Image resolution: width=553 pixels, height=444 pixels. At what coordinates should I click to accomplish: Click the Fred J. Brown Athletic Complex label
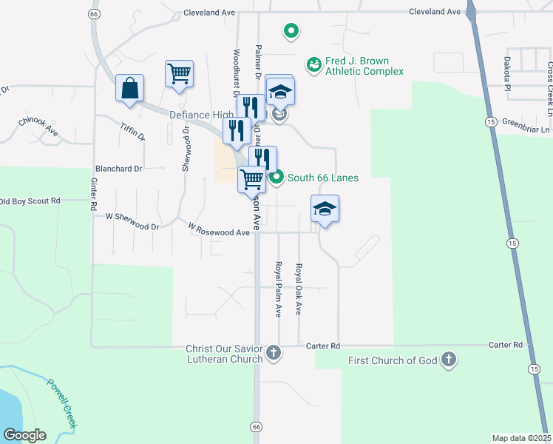[x=356, y=66]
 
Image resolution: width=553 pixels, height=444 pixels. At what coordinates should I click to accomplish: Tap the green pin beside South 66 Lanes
[x=276, y=178]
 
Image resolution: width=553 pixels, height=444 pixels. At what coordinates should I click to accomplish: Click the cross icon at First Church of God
[x=447, y=360]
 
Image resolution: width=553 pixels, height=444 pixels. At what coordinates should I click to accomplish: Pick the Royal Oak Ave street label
[x=299, y=289]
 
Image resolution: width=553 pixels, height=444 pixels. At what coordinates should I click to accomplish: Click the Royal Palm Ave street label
[x=279, y=289]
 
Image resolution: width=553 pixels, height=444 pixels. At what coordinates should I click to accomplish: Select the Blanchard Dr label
[x=118, y=169]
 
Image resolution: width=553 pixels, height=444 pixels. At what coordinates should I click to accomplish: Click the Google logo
[x=24, y=435]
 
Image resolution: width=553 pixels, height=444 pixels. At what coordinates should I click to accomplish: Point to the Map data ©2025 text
[x=521, y=438]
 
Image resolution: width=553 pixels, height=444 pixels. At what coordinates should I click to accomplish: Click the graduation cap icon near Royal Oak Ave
[x=324, y=209]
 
